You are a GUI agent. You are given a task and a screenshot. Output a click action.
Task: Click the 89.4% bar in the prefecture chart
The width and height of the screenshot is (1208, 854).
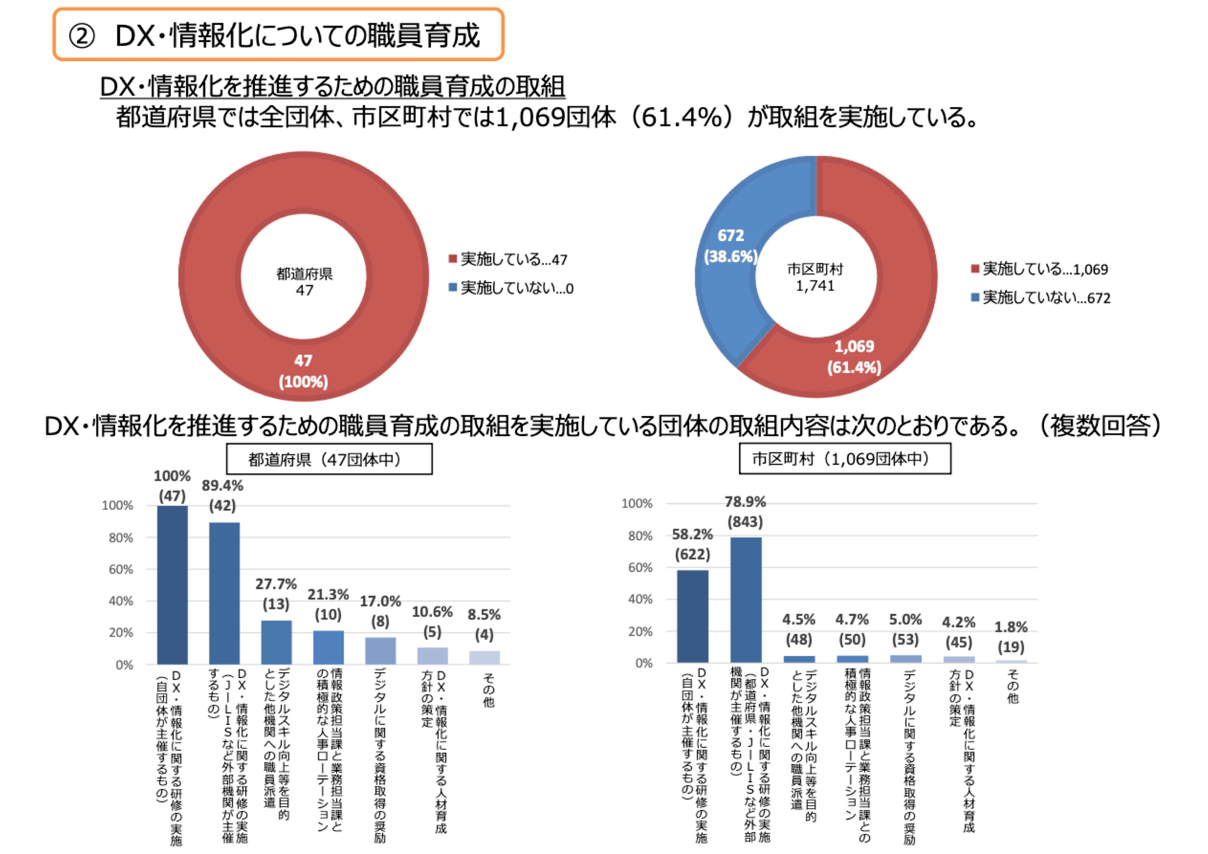click(224, 593)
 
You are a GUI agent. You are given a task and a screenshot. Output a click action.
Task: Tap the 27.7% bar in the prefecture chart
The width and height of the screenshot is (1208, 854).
click(276, 642)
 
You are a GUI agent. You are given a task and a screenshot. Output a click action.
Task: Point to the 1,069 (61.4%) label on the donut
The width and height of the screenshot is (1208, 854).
click(854, 356)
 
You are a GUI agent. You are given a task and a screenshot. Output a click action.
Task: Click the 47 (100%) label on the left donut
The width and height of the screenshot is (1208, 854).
click(303, 371)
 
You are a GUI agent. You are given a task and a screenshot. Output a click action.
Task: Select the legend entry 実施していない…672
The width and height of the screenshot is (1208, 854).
click(1041, 298)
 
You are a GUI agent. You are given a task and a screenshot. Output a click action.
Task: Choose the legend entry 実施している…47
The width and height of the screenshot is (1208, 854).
click(508, 259)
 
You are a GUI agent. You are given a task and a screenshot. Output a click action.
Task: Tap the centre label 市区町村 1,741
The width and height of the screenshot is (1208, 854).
click(815, 277)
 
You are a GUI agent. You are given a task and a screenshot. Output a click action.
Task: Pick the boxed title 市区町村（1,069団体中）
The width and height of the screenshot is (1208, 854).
click(845, 459)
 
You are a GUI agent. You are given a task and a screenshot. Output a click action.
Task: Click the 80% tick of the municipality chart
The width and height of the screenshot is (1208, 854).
click(640, 536)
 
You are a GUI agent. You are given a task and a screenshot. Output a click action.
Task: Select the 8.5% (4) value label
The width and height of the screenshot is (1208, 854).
click(484, 625)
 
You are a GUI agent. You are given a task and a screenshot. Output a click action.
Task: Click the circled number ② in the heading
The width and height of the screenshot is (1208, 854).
click(82, 37)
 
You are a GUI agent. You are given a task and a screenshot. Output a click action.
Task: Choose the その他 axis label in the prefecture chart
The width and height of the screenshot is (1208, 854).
click(488, 688)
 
